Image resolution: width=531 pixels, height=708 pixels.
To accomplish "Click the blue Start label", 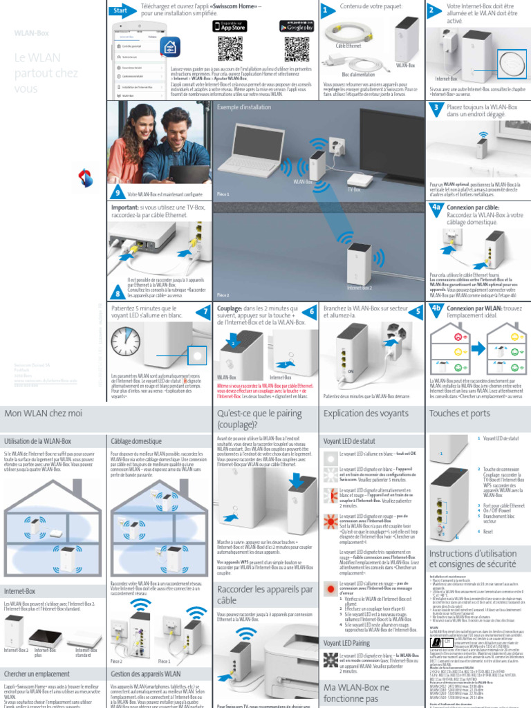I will [x=122, y=11].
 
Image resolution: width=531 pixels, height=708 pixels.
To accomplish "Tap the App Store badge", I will [x=230, y=26].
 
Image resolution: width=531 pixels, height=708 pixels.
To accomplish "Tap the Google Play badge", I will [x=296, y=26].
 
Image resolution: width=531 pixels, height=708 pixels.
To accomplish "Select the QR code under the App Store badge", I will [x=230, y=48].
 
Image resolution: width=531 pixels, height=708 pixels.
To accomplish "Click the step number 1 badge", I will [x=325, y=11].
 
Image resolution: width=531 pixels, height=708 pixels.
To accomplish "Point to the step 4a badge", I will [x=436, y=207].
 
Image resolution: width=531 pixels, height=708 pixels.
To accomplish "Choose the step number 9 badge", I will [x=118, y=193].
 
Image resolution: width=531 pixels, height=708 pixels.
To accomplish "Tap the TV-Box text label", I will [x=354, y=188].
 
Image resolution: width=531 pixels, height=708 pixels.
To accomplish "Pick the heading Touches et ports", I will [x=459, y=413].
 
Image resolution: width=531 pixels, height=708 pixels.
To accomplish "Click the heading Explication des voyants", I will [x=366, y=413].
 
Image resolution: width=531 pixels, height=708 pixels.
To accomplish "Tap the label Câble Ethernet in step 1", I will [x=349, y=46].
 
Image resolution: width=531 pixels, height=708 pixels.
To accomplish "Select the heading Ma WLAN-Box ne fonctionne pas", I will [x=356, y=693].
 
